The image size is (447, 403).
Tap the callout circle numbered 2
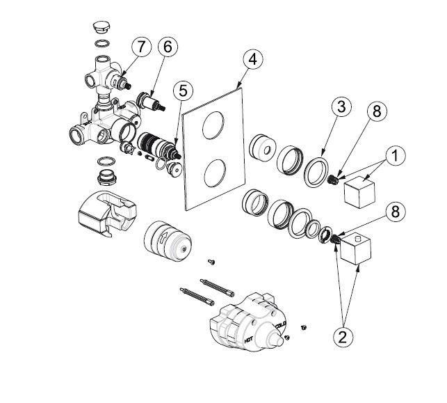click(341, 337)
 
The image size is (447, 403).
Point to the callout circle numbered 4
click(253, 61)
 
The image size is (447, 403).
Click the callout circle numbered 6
click(168, 47)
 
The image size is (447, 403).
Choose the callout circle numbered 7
click(141, 47)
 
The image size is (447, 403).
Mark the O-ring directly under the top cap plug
click(101, 45)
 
